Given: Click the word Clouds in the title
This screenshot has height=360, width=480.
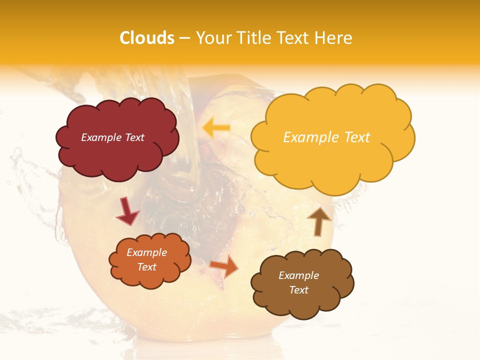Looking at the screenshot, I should (x=147, y=38).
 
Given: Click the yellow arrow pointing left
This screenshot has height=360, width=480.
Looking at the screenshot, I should (x=216, y=128).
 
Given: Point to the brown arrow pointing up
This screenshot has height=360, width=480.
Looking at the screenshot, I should (x=319, y=221).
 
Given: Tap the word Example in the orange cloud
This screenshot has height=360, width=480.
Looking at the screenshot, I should (x=146, y=252).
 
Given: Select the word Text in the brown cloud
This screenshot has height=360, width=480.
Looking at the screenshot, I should (x=298, y=290).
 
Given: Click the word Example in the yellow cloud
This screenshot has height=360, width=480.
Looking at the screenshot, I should (x=309, y=137).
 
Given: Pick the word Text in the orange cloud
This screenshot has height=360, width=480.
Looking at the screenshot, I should (x=146, y=267).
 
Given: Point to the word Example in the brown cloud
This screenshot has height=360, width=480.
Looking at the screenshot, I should (x=298, y=275).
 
